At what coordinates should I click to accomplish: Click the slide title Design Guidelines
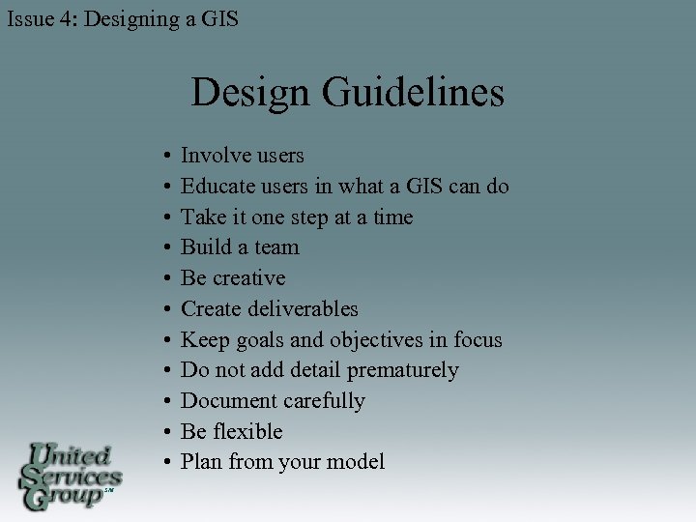347,93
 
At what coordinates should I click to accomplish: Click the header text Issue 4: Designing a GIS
122,17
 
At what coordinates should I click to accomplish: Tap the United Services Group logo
71,476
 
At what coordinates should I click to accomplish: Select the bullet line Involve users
243,155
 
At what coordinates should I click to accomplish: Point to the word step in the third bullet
308,217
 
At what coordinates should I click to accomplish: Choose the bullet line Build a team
240,247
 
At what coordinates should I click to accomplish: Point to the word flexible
247,431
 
